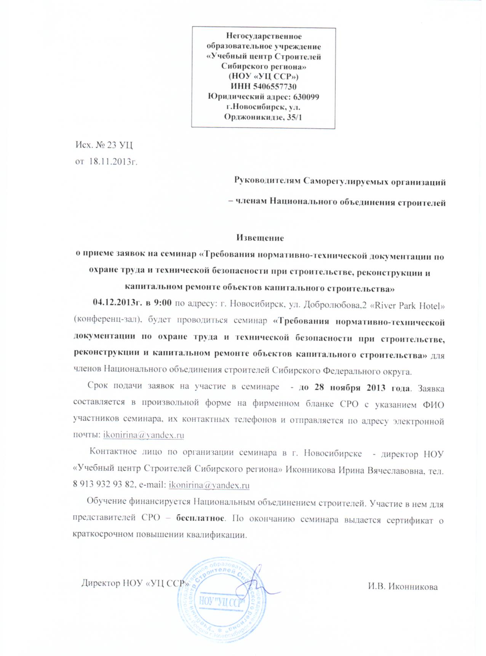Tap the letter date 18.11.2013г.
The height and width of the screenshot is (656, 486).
pyautogui.click(x=113, y=161)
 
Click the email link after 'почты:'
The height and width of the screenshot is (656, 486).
pyautogui.click(x=144, y=435)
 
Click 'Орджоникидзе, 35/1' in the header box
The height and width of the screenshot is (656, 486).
pyautogui.click(x=263, y=117)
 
